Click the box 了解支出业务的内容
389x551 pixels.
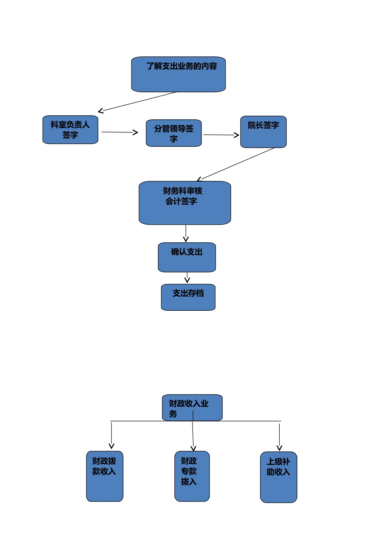point(178,74)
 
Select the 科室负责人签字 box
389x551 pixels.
point(70,130)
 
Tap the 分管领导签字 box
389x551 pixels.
point(174,133)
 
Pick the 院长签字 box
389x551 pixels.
point(263,132)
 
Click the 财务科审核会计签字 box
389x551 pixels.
point(185,203)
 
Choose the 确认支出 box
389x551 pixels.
point(187,257)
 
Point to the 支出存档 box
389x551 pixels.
point(188,297)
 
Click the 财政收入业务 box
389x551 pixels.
point(192,408)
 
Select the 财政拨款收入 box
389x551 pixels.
point(104,476)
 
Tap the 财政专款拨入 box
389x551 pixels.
point(192,476)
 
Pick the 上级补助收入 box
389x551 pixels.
point(278,477)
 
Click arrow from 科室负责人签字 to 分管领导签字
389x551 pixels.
point(120,132)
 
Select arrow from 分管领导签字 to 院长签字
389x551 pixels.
point(221,134)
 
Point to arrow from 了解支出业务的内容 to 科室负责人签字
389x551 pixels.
point(138,102)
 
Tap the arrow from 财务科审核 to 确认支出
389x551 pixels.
point(185,233)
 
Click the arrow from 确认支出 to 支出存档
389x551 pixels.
point(187,278)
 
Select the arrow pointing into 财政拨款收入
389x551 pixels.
point(111,435)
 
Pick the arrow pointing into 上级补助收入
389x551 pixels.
point(279,437)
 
